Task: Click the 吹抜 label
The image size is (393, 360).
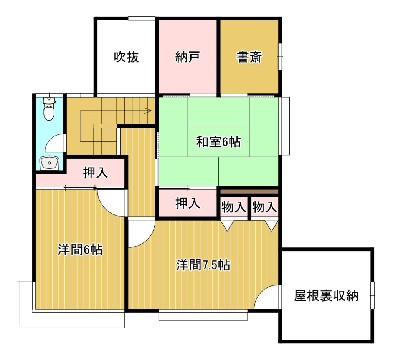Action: pos(126,57)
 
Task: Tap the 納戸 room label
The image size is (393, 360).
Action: pos(187,57)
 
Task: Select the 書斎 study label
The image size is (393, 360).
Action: pos(249,57)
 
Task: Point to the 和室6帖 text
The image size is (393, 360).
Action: pos(218,142)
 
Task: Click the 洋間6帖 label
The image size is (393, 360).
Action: pos(80,249)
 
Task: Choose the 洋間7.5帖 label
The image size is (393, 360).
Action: pos(203,265)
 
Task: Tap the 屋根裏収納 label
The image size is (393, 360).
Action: pos(326,296)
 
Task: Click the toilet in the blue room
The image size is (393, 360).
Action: pos(49,109)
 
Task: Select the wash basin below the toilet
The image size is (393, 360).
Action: pos(50,163)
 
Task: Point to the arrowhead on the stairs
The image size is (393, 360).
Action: pos(149,110)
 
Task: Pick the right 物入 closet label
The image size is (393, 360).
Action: pos(265,207)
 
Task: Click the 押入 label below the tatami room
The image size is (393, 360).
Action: pos(188,203)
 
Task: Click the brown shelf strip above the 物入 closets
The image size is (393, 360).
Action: pos(249,192)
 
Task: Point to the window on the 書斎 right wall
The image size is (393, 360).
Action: pos(280,57)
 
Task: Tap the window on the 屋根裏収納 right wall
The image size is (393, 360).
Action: pos(372,295)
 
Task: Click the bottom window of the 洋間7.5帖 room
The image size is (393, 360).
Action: pos(203,315)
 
